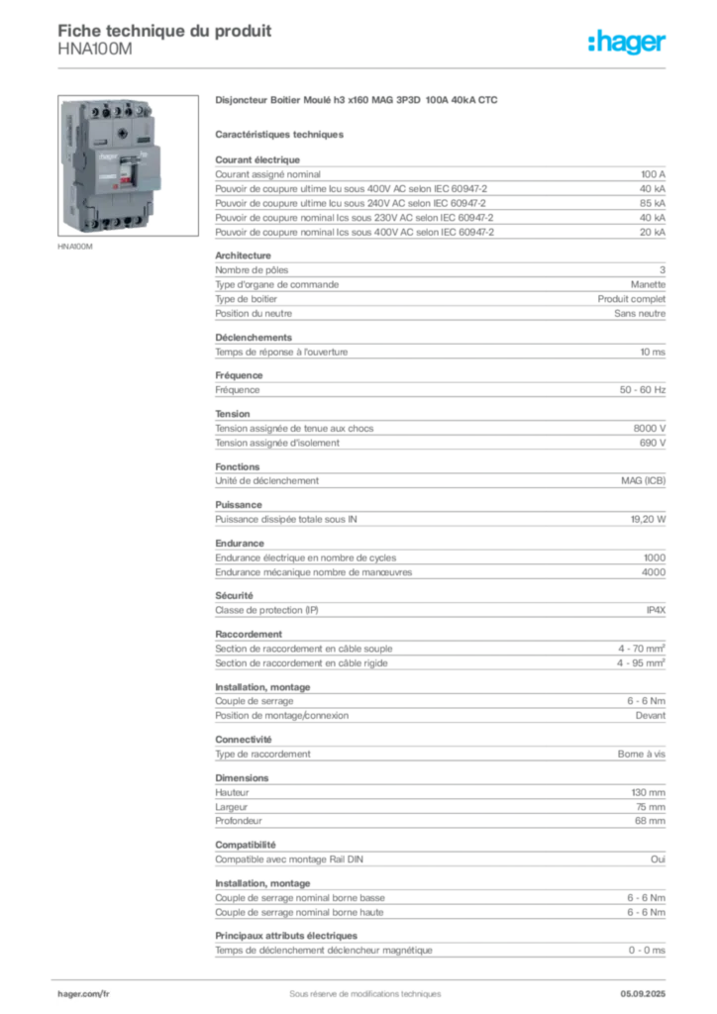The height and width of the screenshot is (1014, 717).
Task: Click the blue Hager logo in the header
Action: (629, 43)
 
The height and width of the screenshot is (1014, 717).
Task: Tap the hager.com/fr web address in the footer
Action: (83, 990)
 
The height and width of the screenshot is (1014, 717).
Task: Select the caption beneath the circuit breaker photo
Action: (75, 247)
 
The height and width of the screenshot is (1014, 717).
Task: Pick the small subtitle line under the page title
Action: (94, 56)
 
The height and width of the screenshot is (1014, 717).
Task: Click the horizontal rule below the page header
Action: (363, 67)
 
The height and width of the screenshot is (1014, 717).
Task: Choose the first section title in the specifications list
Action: (257, 156)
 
